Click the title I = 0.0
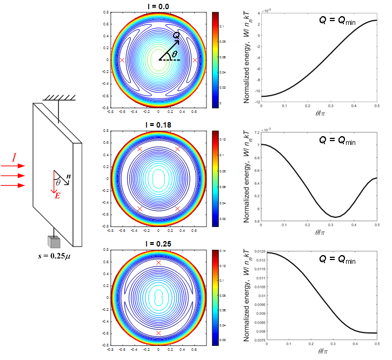pyautogui.click(x=158, y=6)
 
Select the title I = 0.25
pyautogui.click(x=158, y=244)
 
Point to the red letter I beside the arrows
pyautogui.click(x=15, y=158)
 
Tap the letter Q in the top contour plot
pyautogui.click(x=176, y=35)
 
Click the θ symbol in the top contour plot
pyautogui.click(x=174, y=54)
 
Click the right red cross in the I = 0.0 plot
pyautogui.click(x=195, y=60)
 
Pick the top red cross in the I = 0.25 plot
pyautogui.click(x=158, y=262)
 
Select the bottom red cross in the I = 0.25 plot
pyautogui.click(x=158, y=333)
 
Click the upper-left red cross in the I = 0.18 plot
pyautogui.click(x=139, y=149)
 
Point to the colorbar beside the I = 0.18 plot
pyautogui.click(x=214, y=178)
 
